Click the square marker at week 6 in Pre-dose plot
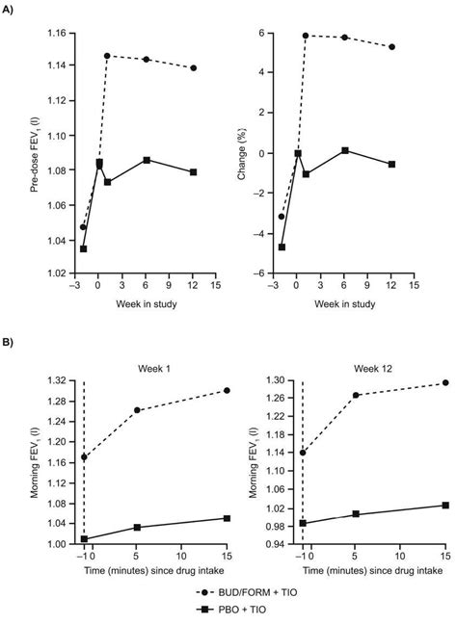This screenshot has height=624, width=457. click(147, 160)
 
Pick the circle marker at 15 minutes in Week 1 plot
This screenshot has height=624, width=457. click(228, 390)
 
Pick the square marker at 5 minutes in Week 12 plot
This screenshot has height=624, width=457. click(356, 514)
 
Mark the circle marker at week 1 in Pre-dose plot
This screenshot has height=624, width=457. click(107, 56)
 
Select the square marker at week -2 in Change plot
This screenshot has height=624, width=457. click(282, 247)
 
